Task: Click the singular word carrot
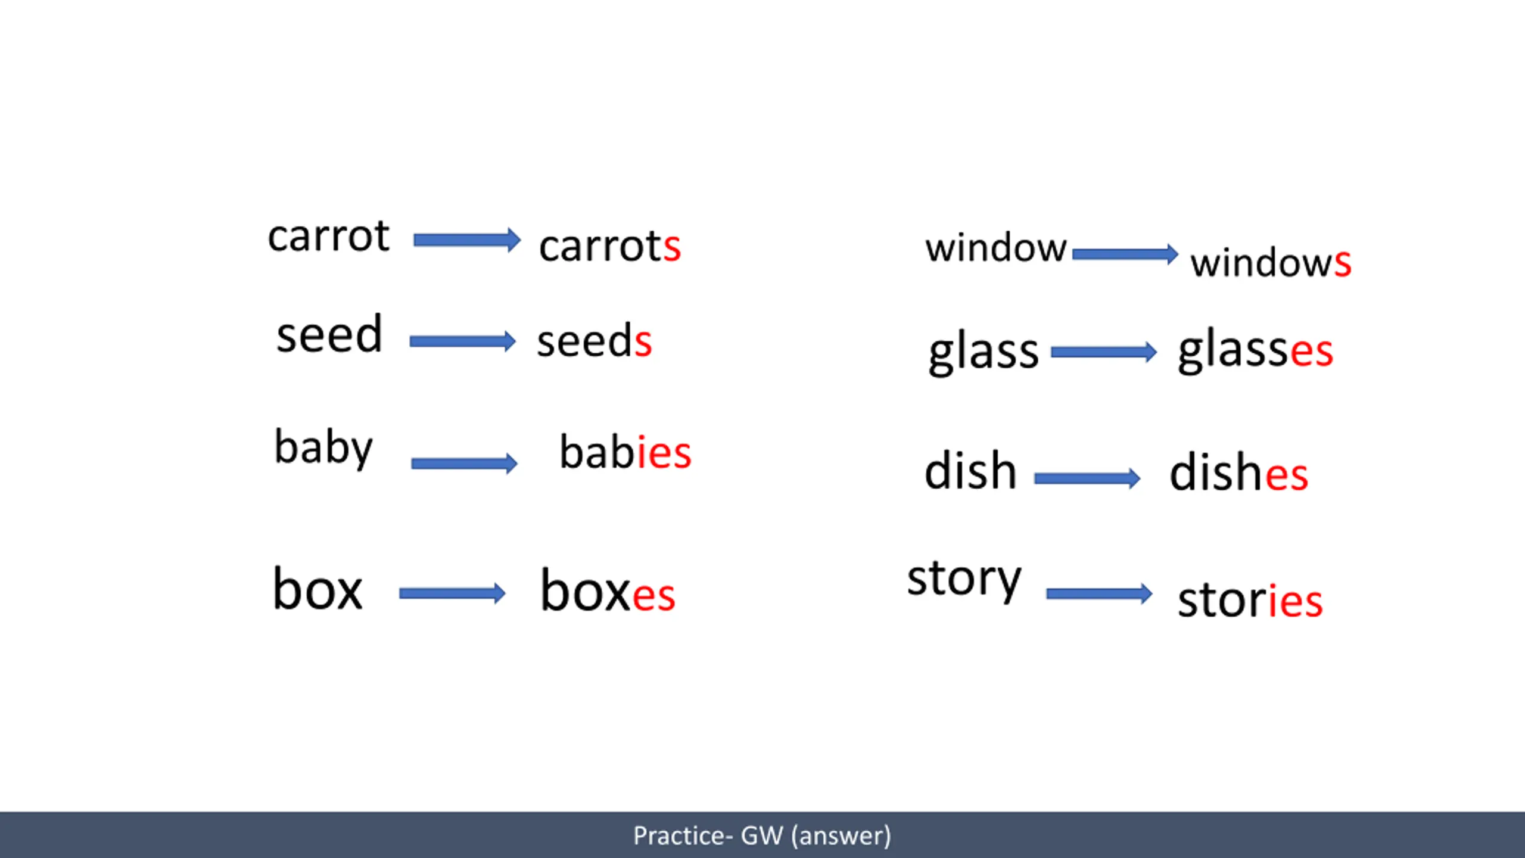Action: pyautogui.click(x=329, y=236)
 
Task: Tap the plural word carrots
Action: pyautogui.click(x=610, y=245)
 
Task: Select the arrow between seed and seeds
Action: pyautogui.click(x=462, y=341)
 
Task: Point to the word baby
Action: pyautogui.click(x=323, y=447)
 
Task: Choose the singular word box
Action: pyautogui.click(x=318, y=589)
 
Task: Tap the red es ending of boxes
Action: pyautogui.click(x=653, y=595)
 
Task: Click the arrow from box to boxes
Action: pyautogui.click(x=452, y=593)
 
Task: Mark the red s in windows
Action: pyautogui.click(x=1343, y=263)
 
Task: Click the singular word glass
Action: pyautogui.click(x=984, y=353)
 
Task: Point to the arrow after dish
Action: pyautogui.click(x=1087, y=478)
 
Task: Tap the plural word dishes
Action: pyautogui.click(x=1239, y=472)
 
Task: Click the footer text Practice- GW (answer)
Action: pyautogui.click(x=762, y=835)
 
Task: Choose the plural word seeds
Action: pyautogui.click(x=595, y=341)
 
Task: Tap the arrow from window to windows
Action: pyautogui.click(x=1125, y=254)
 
